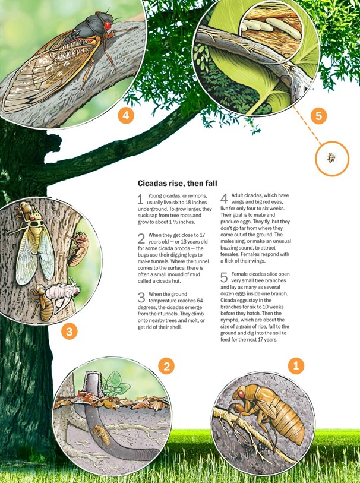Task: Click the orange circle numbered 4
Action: [x=126, y=115]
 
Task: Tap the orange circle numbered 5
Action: [x=318, y=116]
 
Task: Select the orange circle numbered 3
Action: [x=70, y=332]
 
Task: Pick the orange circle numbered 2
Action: [x=166, y=366]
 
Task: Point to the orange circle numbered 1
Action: [x=296, y=366]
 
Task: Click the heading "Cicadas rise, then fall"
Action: [x=178, y=184]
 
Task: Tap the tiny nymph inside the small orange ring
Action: [x=331, y=157]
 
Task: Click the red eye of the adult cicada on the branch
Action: [x=108, y=26]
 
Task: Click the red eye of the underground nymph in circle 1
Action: [x=241, y=394]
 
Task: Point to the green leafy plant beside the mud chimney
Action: [x=115, y=384]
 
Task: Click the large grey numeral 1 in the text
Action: [x=140, y=200]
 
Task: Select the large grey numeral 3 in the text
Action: [x=141, y=298]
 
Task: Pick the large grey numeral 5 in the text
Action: [x=224, y=277]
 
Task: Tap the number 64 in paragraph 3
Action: [x=200, y=301]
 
